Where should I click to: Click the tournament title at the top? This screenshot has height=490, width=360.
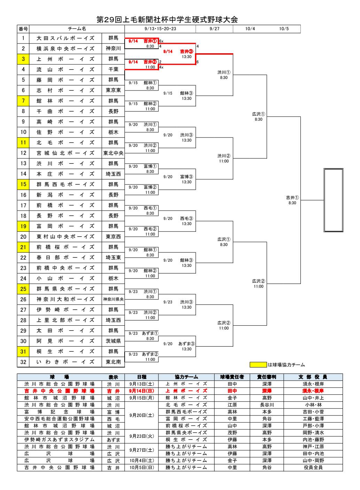point(167,20)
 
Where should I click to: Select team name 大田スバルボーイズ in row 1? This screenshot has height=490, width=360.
point(65,38)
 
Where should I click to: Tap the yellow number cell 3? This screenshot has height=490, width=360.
point(23,59)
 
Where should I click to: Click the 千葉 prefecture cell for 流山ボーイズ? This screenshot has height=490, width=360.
point(113,70)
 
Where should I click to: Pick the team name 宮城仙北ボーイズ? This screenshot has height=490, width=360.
point(65,153)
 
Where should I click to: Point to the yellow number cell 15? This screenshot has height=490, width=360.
point(23,184)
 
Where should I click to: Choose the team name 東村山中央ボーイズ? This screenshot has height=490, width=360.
point(65,237)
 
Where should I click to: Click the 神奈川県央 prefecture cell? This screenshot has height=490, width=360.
point(113,299)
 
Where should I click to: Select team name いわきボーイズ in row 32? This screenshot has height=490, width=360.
point(65,362)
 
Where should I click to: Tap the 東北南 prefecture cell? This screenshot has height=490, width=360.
point(113,362)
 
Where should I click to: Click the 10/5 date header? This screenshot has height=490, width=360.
point(284,29)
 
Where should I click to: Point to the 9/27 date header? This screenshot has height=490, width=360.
point(214,29)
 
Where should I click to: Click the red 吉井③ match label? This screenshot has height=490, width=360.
point(187,52)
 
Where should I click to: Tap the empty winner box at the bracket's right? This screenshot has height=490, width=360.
point(333,200)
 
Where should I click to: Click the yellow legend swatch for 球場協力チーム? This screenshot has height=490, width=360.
point(258,365)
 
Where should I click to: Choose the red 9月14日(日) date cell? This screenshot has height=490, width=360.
point(141,391)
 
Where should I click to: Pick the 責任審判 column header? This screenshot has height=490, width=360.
point(267,377)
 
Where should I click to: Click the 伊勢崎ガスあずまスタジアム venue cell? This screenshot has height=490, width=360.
point(59,440)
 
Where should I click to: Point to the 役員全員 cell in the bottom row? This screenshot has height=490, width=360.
point(313,467)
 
